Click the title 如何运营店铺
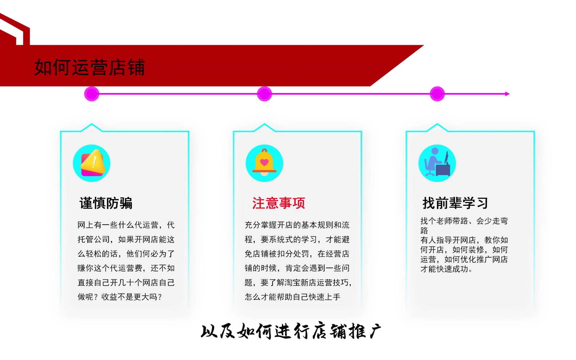click(90, 67)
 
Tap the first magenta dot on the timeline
click(92, 94)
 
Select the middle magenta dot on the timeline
click(265, 94)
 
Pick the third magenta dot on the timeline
click(437, 94)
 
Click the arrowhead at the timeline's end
click(508, 94)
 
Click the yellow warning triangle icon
click(92, 163)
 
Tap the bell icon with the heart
click(264, 162)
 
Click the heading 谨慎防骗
click(106, 203)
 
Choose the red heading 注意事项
click(279, 203)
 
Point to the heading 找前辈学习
click(455, 203)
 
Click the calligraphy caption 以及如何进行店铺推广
click(291, 331)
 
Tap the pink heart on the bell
click(264, 162)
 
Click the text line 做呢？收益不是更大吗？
click(120, 297)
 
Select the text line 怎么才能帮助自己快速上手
click(292, 297)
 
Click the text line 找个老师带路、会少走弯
click(464, 221)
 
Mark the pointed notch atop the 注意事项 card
click(265, 124)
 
